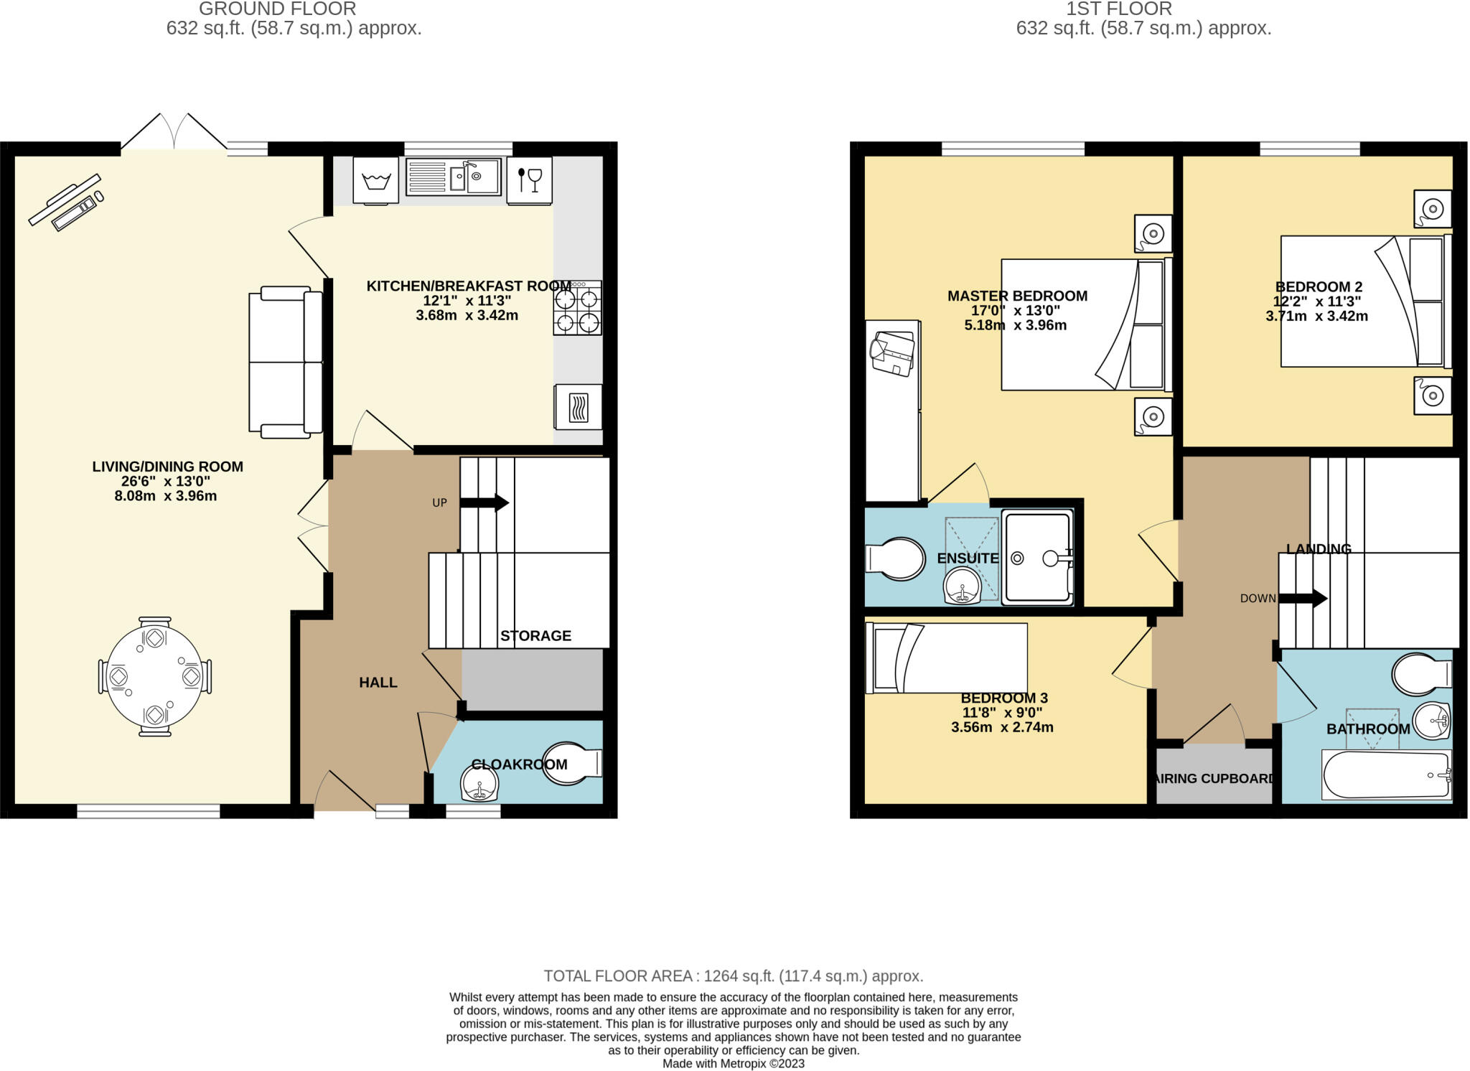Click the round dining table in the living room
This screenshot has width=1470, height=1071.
(154, 676)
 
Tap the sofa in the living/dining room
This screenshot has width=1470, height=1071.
(286, 362)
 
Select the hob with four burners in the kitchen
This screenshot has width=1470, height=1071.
(577, 308)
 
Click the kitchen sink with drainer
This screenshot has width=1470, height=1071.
(453, 177)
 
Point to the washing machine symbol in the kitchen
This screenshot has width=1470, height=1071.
(375, 179)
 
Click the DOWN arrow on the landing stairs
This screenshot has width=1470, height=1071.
(1303, 598)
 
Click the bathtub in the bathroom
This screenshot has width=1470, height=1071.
(1385, 775)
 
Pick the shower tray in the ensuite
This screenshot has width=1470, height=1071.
(1038, 558)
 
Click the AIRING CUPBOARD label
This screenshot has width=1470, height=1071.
(1214, 778)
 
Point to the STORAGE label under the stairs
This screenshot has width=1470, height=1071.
(535, 635)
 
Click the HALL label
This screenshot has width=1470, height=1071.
(378, 682)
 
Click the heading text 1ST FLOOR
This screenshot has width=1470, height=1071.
(1118, 9)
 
